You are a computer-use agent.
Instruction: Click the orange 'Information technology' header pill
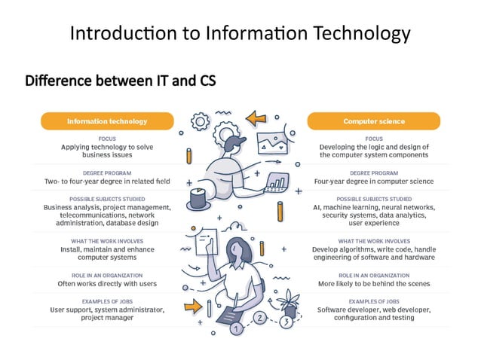point(107,121)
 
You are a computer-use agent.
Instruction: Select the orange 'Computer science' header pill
point(373,121)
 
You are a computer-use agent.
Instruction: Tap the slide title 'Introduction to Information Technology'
point(240,33)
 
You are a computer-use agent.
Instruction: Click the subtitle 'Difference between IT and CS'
point(121,81)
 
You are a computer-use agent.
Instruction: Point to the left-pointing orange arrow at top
point(257,117)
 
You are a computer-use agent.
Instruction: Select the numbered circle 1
point(237,329)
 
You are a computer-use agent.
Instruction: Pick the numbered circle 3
point(286,324)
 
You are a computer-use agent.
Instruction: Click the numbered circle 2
point(259,318)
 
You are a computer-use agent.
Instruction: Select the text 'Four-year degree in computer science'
point(373,182)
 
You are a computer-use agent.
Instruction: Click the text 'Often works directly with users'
point(107,285)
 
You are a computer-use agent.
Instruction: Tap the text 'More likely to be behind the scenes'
point(373,285)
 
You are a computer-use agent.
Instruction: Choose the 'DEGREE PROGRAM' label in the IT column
point(107,172)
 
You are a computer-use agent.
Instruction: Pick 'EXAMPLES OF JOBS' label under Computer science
point(373,301)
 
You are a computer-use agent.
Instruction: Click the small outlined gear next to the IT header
point(201,121)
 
